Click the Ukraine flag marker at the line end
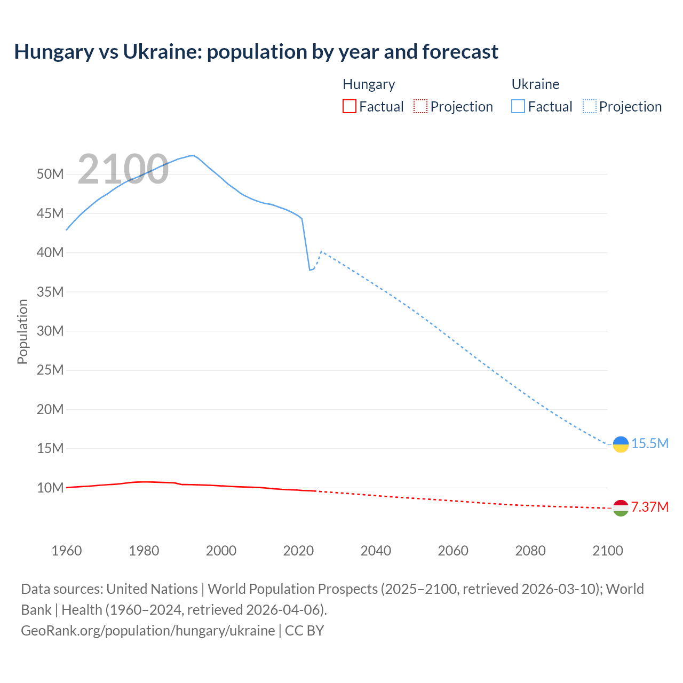click(x=621, y=444)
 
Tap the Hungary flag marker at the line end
click(x=621, y=508)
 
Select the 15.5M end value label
click(x=650, y=443)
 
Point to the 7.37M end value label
click(x=650, y=507)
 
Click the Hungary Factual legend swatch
click(x=349, y=107)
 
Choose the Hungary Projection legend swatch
click(x=420, y=107)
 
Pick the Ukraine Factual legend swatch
click(x=518, y=107)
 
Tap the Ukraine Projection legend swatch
click(x=590, y=107)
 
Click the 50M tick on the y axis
click(x=50, y=174)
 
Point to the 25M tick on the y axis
click(x=50, y=370)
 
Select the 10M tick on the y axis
click(x=50, y=488)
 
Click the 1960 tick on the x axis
click(x=67, y=551)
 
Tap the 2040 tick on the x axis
click(x=376, y=551)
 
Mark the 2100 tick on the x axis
click(x=608, y=551)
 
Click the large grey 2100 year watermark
click(x=123, y=169)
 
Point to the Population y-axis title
click(x=22, y=331)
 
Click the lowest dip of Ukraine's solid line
click(x=309, y=270)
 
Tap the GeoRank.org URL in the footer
click(x=148, y=631)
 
